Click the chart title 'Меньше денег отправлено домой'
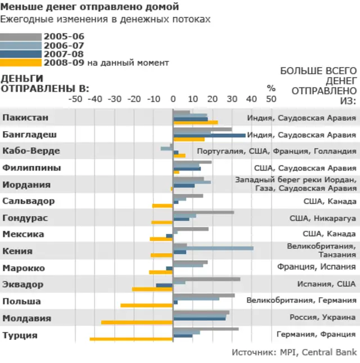90,7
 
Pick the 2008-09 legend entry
64,62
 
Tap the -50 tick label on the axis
75,99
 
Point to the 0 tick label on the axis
173,99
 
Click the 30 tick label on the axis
232,99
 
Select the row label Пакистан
25,118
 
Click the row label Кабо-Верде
31,151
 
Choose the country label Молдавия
26,319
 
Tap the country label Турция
20,335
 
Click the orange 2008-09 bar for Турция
131,339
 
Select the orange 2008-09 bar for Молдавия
137,322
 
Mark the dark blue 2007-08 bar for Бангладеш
209,135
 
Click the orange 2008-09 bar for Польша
146,306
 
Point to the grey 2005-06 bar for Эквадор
206,279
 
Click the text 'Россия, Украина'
323,317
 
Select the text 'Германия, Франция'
316,334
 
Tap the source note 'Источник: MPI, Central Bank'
294,352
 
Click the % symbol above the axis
271,88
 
